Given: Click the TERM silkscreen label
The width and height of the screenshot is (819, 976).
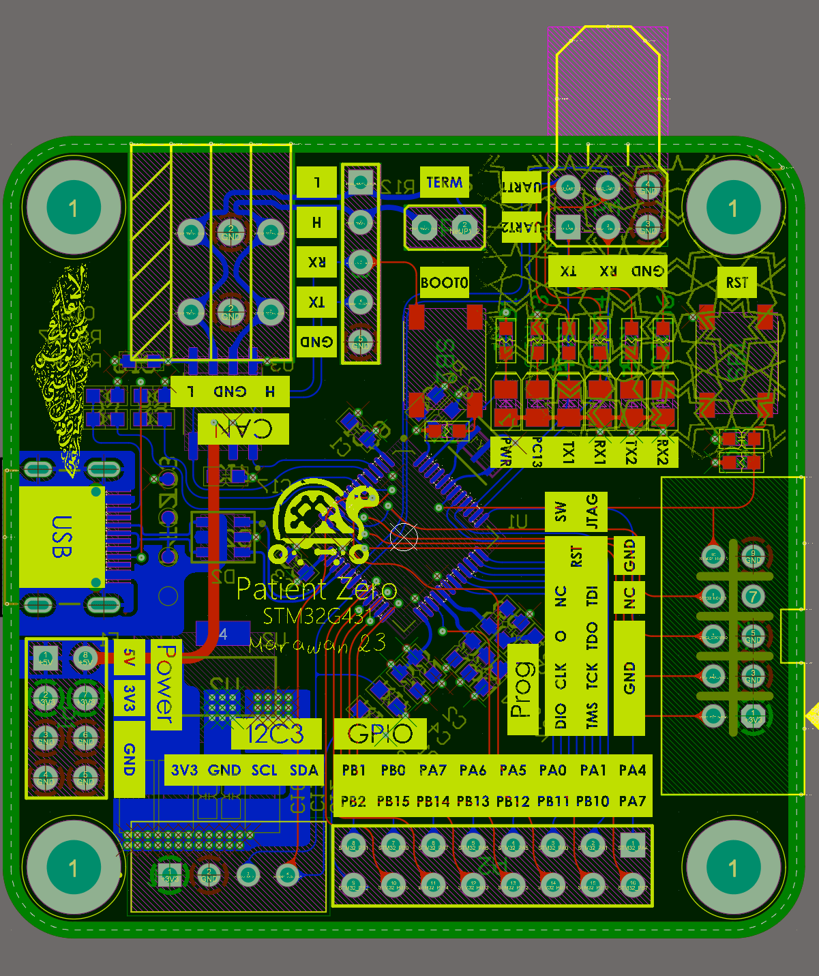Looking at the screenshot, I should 444,182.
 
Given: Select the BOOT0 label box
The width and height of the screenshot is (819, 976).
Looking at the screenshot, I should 444,282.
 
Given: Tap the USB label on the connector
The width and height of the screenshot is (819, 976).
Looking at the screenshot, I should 61,536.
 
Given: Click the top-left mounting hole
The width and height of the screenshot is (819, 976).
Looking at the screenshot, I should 73,208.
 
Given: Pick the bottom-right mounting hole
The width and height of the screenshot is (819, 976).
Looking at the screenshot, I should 732,868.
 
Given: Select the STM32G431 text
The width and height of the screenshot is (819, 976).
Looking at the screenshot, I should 318,617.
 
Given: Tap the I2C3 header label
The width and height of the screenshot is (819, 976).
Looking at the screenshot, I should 276,734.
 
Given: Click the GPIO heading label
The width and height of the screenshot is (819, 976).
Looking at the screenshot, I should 380,734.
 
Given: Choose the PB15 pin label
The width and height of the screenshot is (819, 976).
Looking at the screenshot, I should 393,801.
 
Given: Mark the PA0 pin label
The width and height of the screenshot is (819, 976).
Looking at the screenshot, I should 552,771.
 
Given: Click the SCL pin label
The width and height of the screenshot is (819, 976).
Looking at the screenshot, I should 264,771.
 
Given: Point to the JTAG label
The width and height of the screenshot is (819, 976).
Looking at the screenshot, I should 592,512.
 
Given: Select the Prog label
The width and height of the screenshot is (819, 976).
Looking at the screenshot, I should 522,689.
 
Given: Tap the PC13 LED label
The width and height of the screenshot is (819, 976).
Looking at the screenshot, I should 537,452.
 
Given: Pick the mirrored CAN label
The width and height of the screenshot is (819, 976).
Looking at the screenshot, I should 243,429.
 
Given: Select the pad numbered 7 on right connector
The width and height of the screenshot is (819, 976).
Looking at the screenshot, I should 753,597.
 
